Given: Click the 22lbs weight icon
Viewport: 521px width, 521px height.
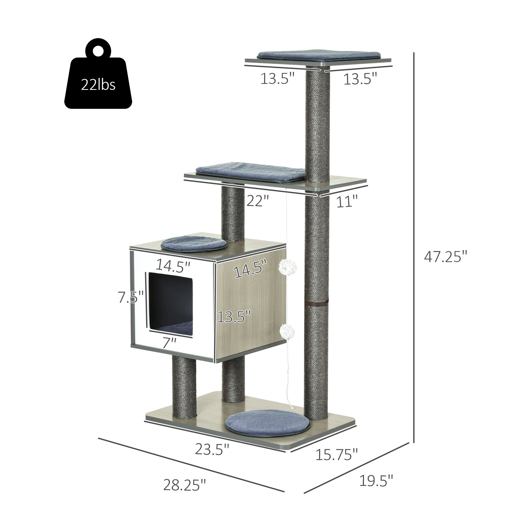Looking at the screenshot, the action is (98, 73).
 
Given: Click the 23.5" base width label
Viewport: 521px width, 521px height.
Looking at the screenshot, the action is (212, 449).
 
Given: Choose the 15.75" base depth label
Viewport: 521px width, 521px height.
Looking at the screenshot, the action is (337, 455).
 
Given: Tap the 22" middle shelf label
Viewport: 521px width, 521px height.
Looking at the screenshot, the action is (258, 201).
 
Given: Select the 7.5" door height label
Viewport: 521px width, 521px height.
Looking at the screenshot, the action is (131, 297).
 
